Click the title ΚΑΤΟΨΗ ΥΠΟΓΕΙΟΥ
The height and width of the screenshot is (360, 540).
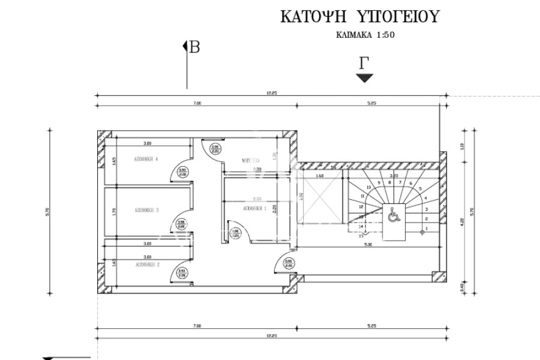(359, 17)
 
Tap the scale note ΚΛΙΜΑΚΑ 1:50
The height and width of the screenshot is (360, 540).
(365, 35)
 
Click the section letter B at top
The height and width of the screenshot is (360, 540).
(194, 48)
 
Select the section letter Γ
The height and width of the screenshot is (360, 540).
(363, 63)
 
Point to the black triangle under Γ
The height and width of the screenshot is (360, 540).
(365, 77)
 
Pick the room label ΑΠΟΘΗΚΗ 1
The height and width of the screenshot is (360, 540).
(255, 208)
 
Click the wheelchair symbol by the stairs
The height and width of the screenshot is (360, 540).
(393, 215)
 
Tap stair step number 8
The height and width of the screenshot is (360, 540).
(389, 182)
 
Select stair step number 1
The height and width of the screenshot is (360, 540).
(426, 229)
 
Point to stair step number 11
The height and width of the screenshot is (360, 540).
(362, 196)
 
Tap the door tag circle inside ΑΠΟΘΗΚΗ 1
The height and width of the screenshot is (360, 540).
(235, 233)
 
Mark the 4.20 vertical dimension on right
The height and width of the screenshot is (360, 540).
(463, 221)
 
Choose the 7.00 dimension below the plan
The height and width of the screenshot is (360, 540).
(197, 326)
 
